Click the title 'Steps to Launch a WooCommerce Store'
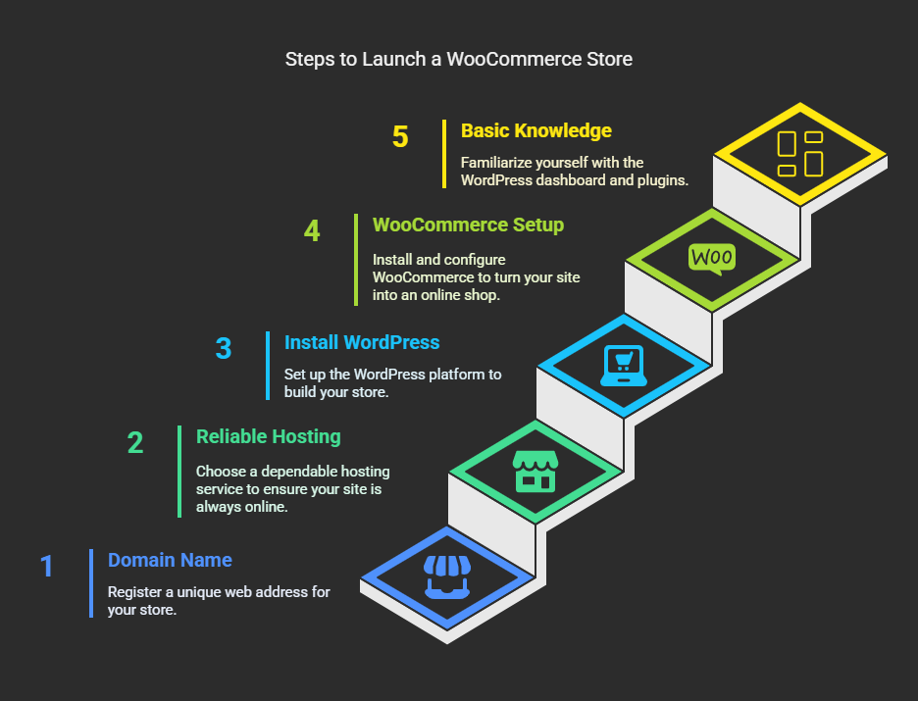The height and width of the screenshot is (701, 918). (x=458, y=59)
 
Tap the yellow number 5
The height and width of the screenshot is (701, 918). (x=400, y=137)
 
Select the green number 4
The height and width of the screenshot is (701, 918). (x=312, y=231)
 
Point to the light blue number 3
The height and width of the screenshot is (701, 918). (x=224, y=349)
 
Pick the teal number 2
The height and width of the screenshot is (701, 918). (x=135, y=443)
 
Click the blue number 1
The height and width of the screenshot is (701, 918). (x=47, y=567)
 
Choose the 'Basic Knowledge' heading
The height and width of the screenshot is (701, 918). (x=536, y=130)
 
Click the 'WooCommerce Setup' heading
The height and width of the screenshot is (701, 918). (x=469, y=225)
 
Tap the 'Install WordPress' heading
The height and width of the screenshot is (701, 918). (x=362, y=342)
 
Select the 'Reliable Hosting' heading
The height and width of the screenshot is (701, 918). (x=268, y=436)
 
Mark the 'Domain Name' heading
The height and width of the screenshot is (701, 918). (x=170, y=560)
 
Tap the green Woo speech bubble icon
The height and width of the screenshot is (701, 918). (x=712, y=259)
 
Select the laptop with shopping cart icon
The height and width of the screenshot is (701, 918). (x=624, y=366)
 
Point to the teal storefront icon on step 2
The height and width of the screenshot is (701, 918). (x=535, y=471)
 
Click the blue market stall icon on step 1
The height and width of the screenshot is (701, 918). (x=447, y=576)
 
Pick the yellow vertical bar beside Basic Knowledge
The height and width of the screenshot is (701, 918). (x=444, y=154)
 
